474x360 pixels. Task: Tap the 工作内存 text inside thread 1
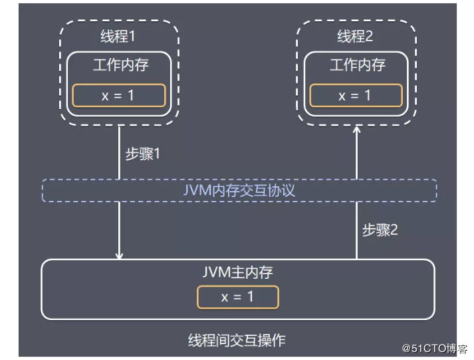(x=120, y=66)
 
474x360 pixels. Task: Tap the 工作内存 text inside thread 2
(x=358, y=66)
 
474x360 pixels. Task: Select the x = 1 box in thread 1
(x=119, y=95)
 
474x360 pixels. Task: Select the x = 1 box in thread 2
(x=356, y=95)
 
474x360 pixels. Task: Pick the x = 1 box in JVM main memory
(x=237, y=297)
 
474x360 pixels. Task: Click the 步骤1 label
(x=144, y=153)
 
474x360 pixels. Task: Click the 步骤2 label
(x=380, y=230)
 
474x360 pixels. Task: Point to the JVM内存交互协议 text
(x=239, y=190)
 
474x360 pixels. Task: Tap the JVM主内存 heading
(x=237, y=272)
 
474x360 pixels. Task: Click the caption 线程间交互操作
(x=237, y=340)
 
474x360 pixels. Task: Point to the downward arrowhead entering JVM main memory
(x=120, y=255)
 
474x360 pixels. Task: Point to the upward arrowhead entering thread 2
(x=357, y=131)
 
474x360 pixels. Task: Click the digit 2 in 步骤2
(x=394, y=230)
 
